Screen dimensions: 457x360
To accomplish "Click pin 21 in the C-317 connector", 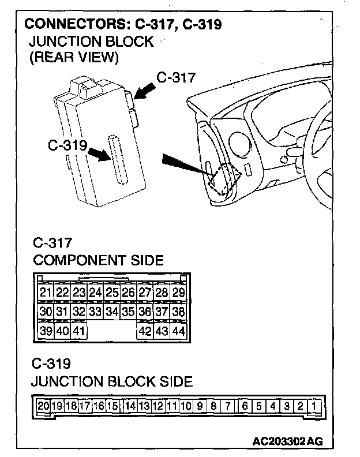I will click(x=46, y=293).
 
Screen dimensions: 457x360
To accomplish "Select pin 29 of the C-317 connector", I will click(x=178, y=293).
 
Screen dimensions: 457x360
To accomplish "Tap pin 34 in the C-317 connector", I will click(x=112, y=312).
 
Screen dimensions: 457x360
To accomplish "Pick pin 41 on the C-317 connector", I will click(x=79, y=331).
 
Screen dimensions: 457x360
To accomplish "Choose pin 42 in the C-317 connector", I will click(x=145, y=331).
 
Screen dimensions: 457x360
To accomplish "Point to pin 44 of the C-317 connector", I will click(x=178, y=331).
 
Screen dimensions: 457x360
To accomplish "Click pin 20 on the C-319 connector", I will click(x=43, y=406).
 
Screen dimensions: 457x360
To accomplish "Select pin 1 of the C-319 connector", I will click(x=313, y=406).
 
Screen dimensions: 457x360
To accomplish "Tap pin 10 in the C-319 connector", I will click(x=186, y=406).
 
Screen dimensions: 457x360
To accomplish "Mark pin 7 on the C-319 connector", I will click(x=228, y=406).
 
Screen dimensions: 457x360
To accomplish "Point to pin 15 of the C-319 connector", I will click(x=112, y=406).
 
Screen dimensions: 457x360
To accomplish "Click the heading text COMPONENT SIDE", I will click(x=98, y=260).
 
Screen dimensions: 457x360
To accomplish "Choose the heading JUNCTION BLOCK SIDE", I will click(x=112, y=381).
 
